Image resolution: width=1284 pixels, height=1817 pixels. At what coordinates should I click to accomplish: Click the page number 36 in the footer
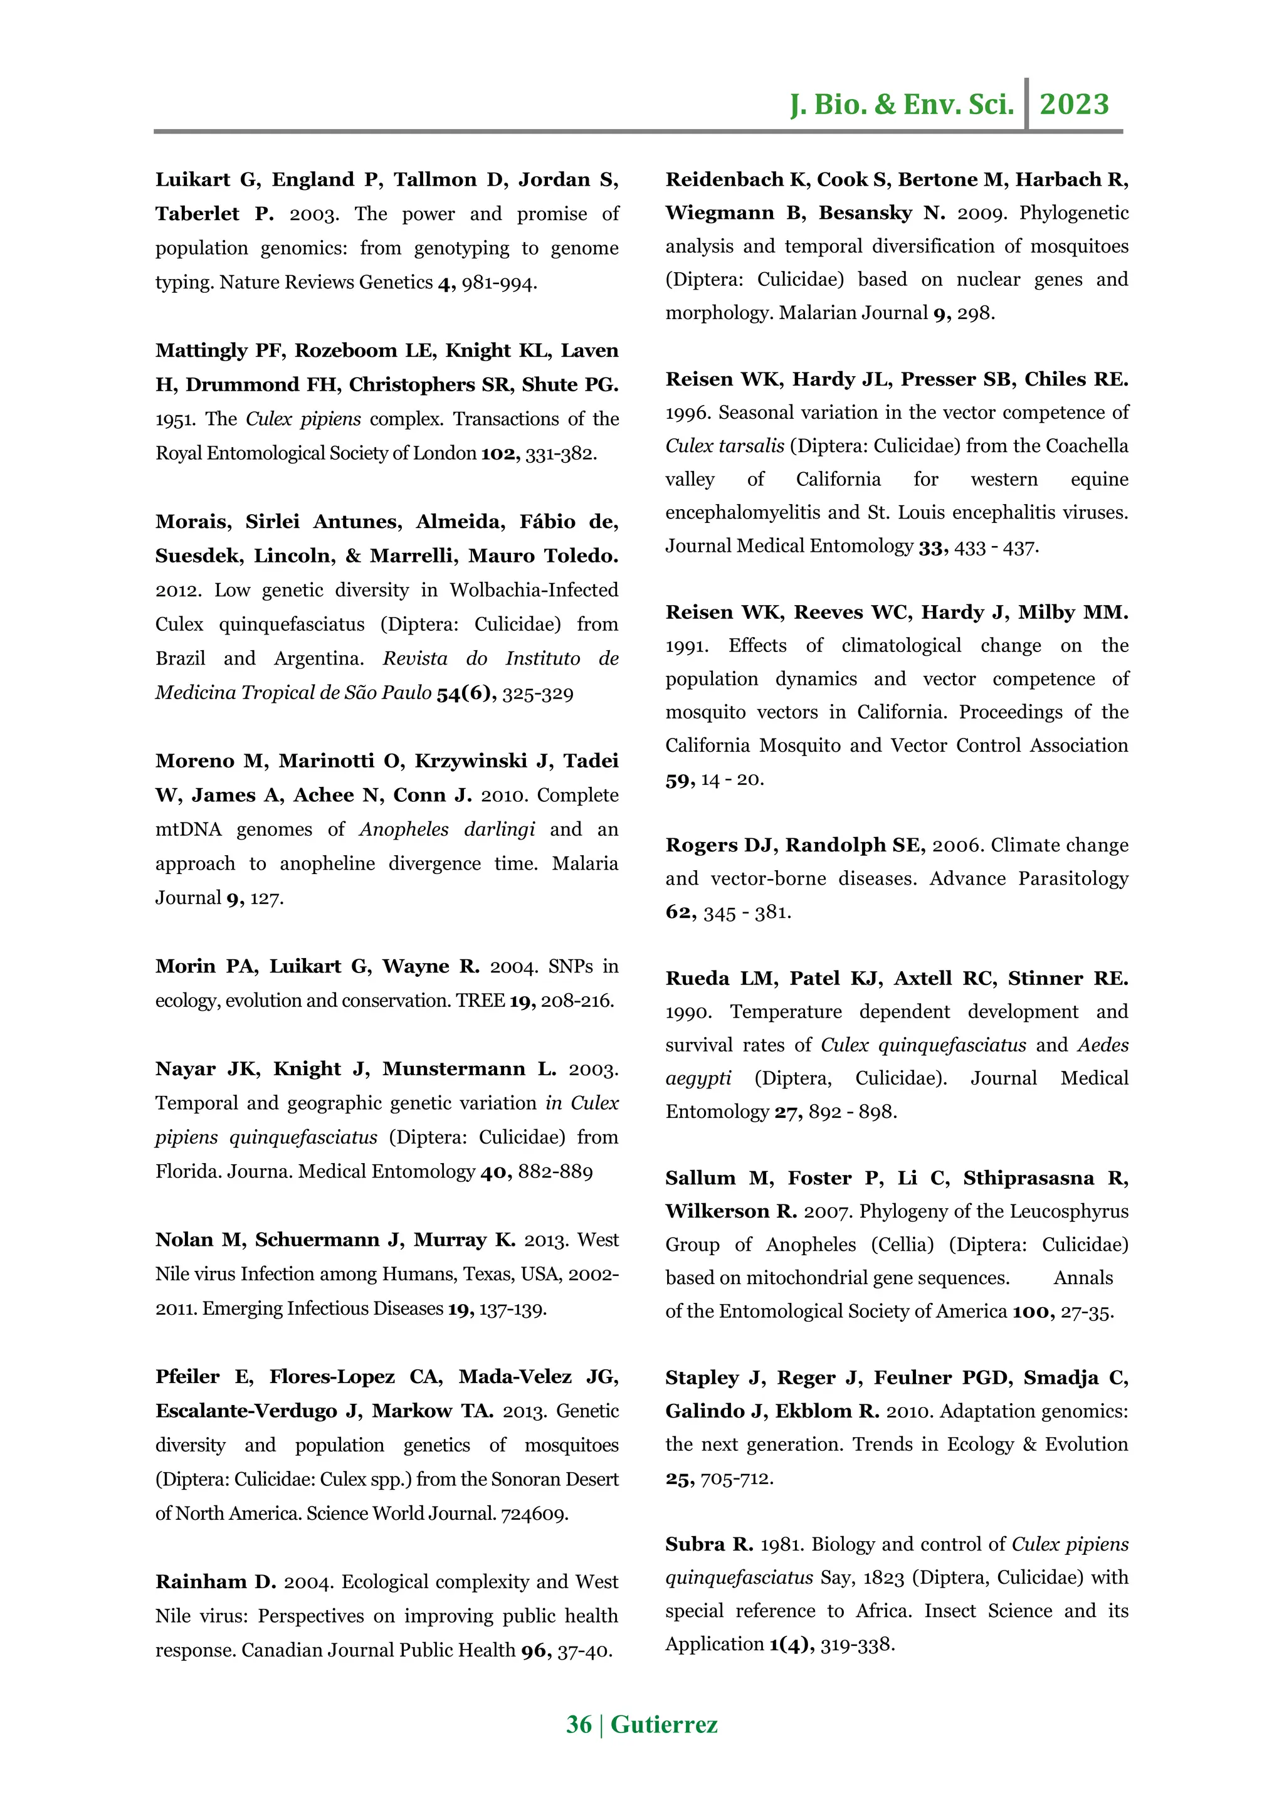(x=578, y=1724)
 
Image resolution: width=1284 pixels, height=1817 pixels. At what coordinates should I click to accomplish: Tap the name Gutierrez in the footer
(x=664, y=1724)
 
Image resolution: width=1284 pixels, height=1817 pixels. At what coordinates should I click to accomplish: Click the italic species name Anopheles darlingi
(x=447, y=829)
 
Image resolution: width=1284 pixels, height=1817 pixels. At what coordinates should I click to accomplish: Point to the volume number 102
(x=498, y=453)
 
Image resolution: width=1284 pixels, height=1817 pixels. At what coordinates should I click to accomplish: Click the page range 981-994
(x=499, y=283)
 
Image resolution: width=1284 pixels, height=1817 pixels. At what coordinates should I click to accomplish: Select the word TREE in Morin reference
(x=480, y=1000)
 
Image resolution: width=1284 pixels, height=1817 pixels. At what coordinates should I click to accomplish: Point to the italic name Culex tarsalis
(x=725, y=446)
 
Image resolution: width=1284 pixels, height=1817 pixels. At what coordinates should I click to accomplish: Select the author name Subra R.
(x=709, y=1544)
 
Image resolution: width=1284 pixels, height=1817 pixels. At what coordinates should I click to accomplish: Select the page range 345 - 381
(x=746, y=912)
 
